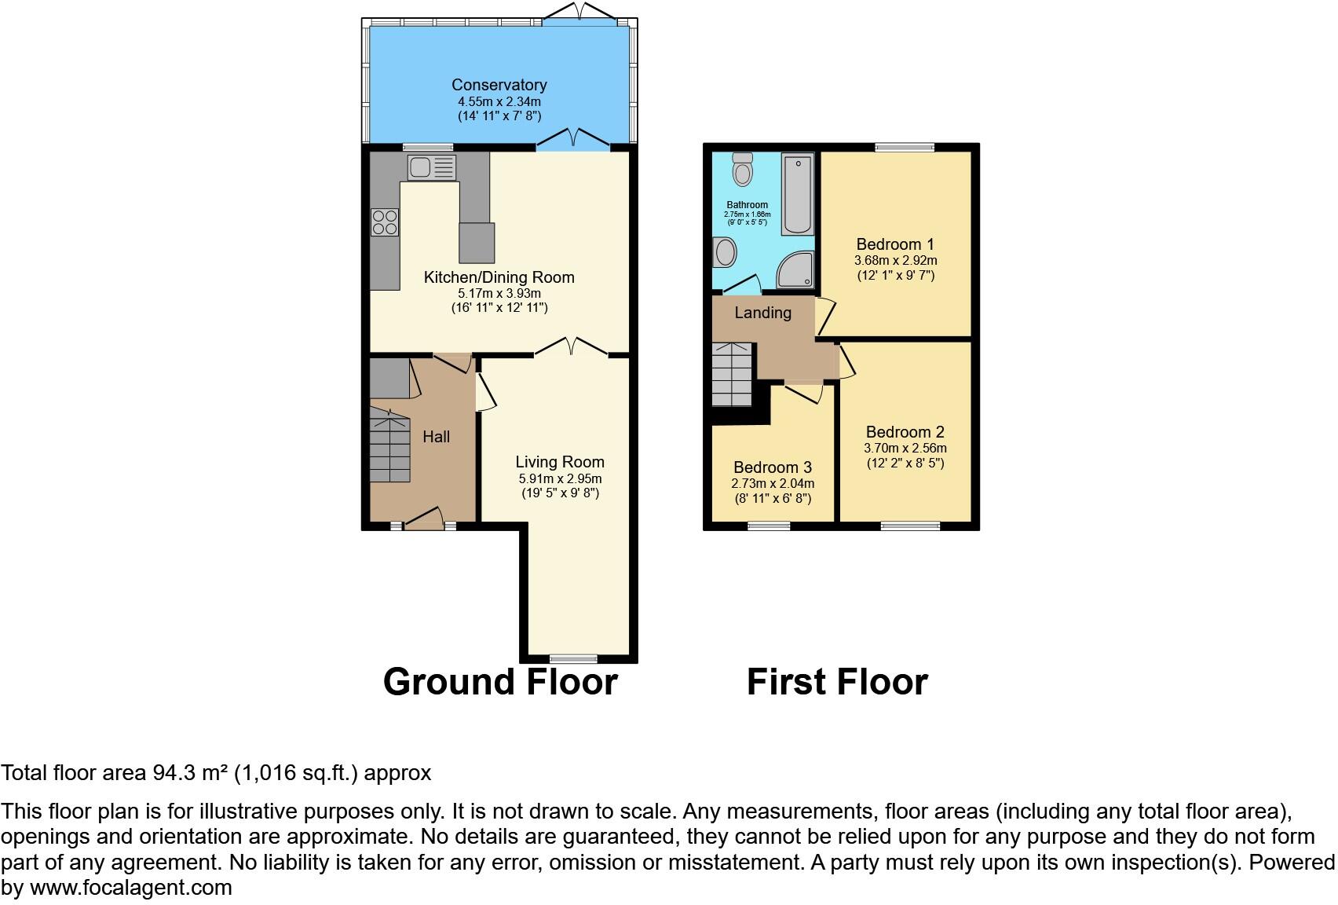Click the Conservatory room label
tap(499, 85)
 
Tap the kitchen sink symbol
tap(431, 167)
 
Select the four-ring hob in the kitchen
tap(385, 222)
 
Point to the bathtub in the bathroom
tap(798, 193)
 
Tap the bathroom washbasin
tap(726, 253)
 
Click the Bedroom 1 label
tap(895, 244)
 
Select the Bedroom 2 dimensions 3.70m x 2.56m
tap(905, 449)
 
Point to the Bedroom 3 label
tap(773, 467)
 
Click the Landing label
tap(762, 313)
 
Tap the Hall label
tap(437, 437)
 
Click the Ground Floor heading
tap(500, 682)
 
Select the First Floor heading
tap(837, 682)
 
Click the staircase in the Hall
tap(390, 449)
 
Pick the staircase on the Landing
tap(732, 374)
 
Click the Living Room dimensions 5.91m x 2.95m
tap(560, 478)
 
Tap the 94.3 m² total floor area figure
tap(187, 773)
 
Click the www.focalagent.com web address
tap(131, 889)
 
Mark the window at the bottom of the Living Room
tap(573, 658)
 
